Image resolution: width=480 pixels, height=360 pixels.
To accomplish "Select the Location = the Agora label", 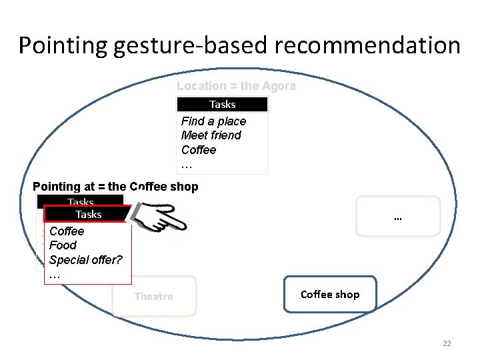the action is coord(236,86).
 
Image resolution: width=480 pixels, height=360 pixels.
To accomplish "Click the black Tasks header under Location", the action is coord(222,105).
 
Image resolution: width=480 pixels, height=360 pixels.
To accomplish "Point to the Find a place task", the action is coord(213,121).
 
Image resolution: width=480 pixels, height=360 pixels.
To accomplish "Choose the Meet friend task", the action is coord(211,135).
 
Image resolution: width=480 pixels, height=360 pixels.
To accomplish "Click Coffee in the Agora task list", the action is coord(199,150).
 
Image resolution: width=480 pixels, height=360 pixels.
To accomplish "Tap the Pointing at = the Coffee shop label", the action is coord(115,187).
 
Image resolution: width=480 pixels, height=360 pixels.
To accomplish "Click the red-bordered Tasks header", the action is coord(88,214).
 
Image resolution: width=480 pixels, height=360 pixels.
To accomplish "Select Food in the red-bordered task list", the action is coord(63,245).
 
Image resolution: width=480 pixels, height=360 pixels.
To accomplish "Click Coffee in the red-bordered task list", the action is coord(67,231).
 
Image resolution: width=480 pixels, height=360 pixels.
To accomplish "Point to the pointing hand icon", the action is coord(161,217).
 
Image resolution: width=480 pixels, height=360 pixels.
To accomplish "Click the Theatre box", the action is coord(154,296).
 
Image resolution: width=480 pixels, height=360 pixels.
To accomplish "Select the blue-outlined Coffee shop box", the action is coord(330,294).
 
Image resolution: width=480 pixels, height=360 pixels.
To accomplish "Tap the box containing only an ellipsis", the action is coord(398,217).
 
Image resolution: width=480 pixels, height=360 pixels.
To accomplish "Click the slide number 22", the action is coord(447,343).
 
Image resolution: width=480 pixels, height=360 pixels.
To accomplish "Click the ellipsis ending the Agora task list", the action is coord(187,165).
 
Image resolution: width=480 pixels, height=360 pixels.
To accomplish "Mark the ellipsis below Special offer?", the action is coord(55,275).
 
